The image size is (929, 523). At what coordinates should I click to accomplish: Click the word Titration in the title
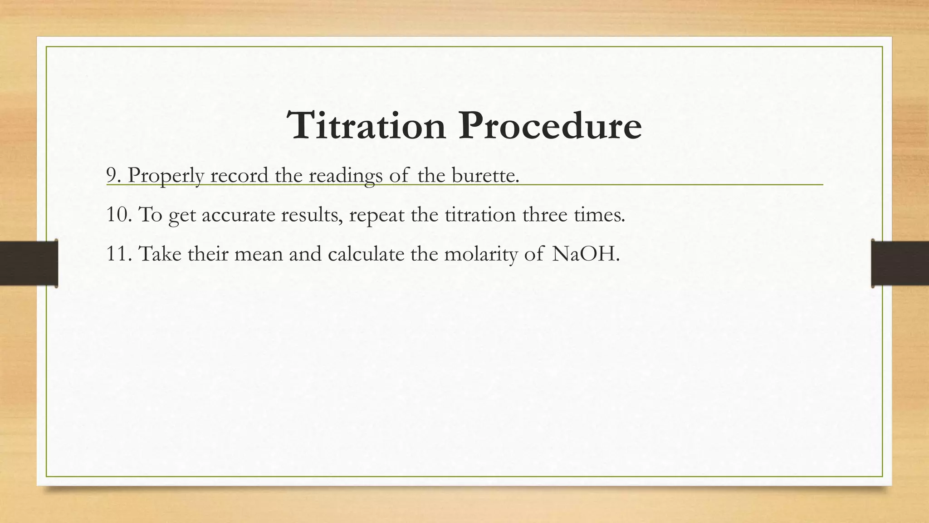coord(367,126)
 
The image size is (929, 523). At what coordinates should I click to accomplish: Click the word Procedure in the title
coord(550,126)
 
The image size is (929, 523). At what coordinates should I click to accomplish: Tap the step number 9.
coord(112,175)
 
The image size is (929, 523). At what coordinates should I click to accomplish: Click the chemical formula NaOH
coord(584,253)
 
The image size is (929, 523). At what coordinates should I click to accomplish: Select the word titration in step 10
coord(480,214)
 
